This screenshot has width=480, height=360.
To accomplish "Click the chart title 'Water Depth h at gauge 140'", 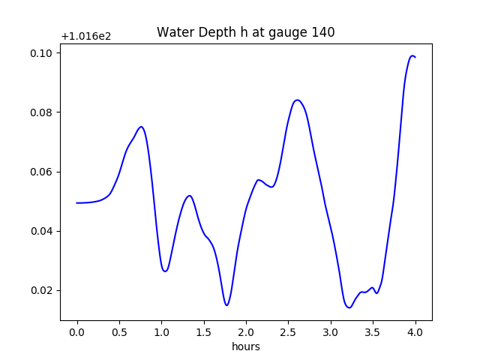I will point(245,32).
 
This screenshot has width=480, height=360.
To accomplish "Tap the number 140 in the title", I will point(323,32).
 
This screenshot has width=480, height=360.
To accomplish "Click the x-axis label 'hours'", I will point(245,346).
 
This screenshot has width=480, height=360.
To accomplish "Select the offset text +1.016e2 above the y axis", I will point(86,36).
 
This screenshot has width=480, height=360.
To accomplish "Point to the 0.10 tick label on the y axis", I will point(41,53).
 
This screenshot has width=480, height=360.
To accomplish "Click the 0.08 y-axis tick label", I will point(41,112).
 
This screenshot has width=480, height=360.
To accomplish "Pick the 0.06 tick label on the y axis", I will point(41,172).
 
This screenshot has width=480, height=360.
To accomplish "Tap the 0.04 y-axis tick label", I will point(41,231).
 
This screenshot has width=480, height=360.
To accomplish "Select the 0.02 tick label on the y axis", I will point(41,290).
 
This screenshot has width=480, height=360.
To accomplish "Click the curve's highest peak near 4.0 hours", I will point(412,56).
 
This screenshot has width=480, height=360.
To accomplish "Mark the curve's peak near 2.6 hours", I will point(298,100).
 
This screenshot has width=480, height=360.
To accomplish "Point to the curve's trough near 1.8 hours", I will point(226,304).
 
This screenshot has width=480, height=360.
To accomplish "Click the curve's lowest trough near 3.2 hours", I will point(349,307).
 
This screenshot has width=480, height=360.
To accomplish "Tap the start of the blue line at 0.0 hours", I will point(77,202).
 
